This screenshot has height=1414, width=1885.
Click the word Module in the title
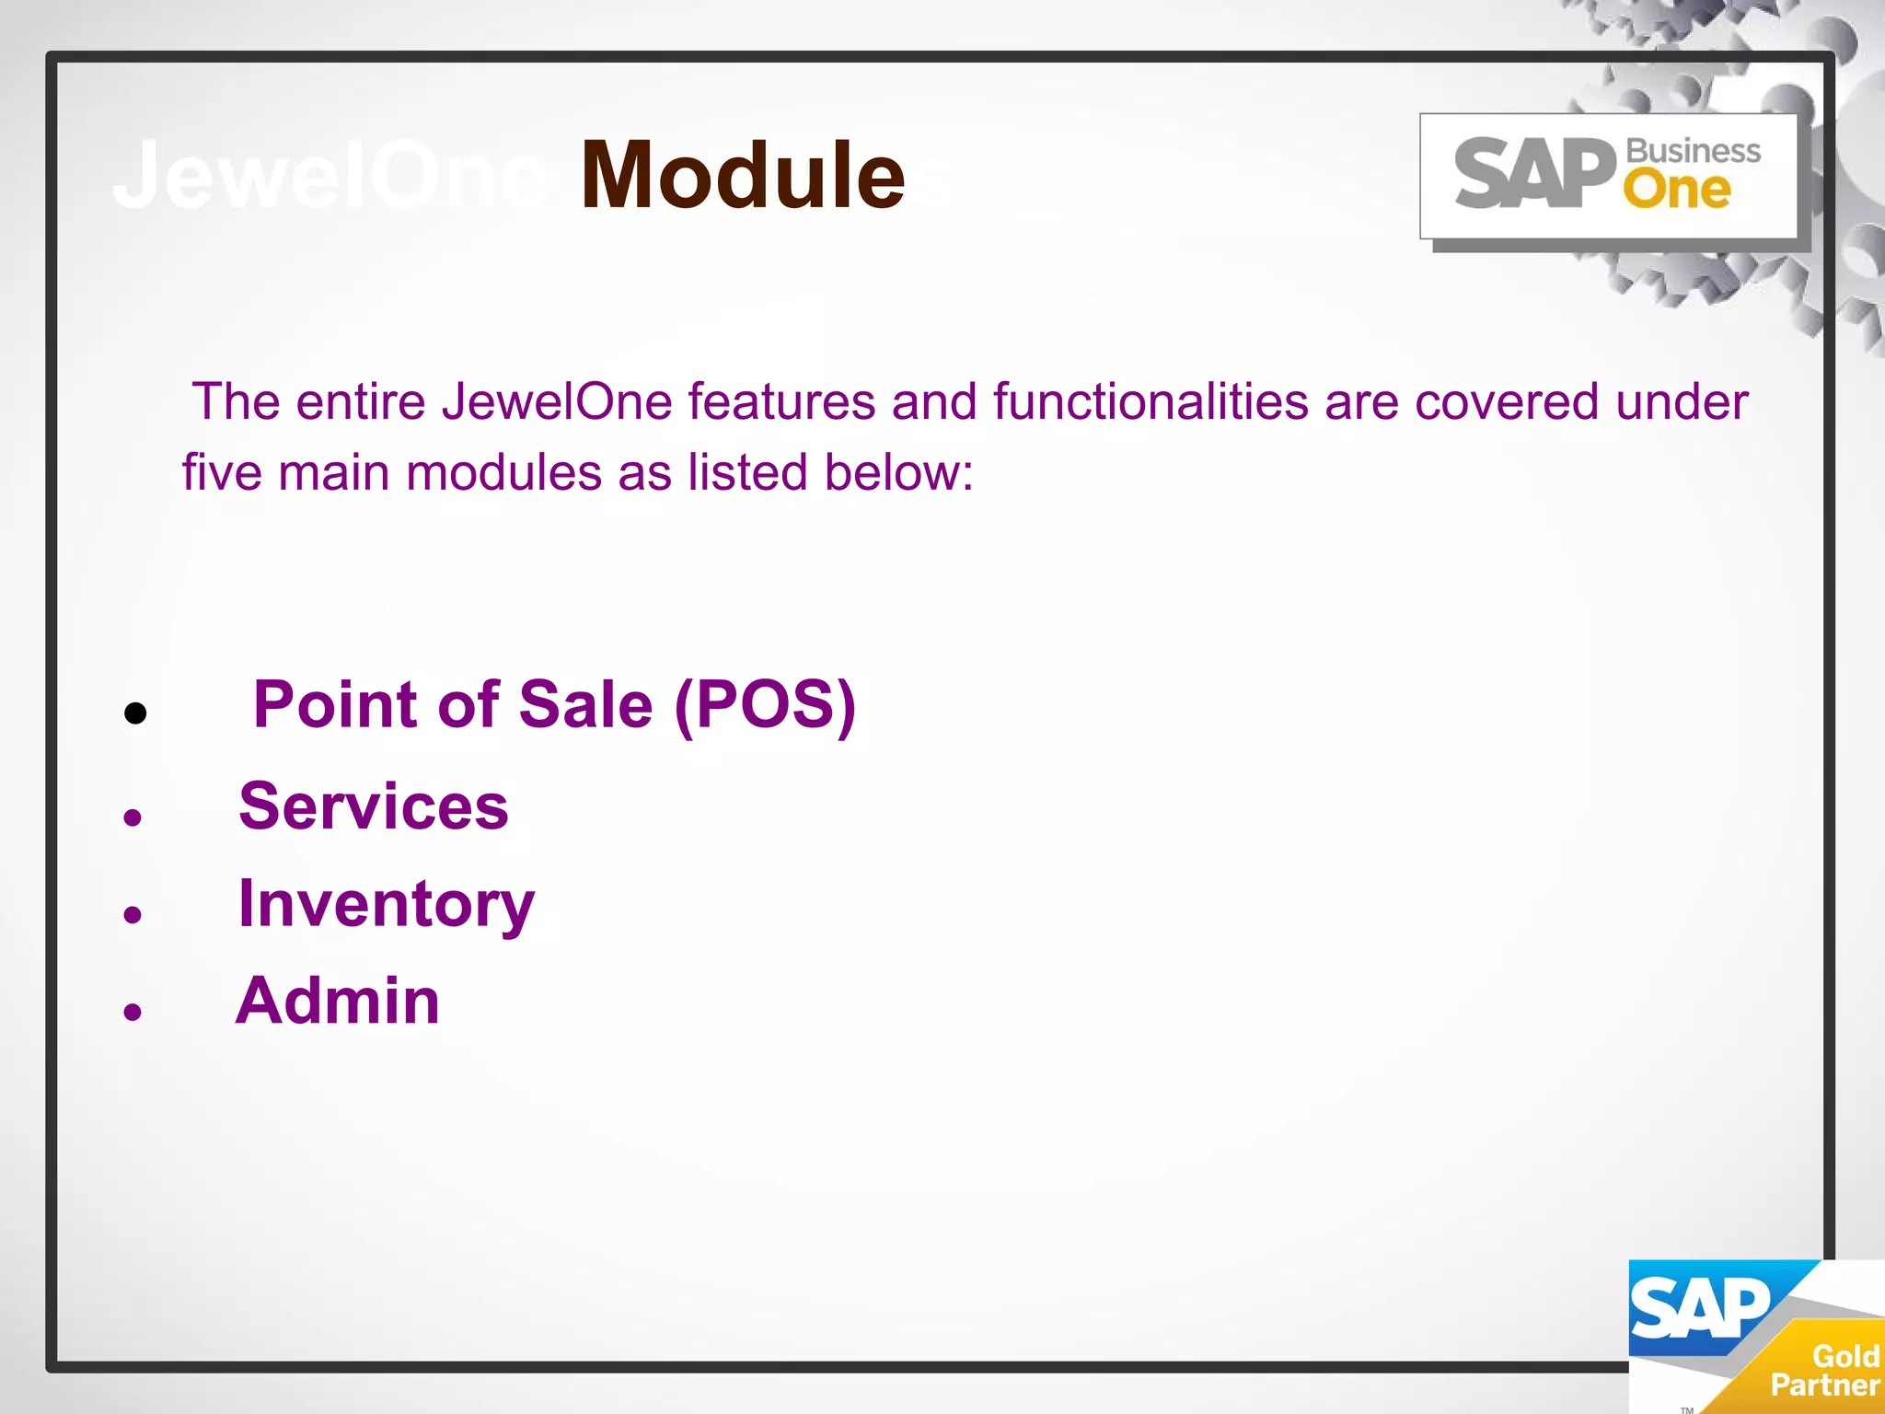pyautogui.click(x=742, y=175)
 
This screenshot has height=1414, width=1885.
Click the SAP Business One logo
pyautogui.click(x=1608, y=175)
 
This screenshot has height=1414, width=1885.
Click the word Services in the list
pyautogui.click(x=373, y=806)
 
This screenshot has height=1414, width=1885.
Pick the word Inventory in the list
pyautogui.click(x=386, y=904)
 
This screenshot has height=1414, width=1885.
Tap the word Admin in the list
pyautogui.click(x=338, y=1001)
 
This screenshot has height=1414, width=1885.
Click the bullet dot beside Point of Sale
pyautogui.click(x=135, y=713)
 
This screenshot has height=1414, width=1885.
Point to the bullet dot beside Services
pyautogui.click(x=133, y=817)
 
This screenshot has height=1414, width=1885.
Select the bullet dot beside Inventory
pyautogui.click(x=133, y=914)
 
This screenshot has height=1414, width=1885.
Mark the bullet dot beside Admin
pyautogui.click(x=133, y=1012)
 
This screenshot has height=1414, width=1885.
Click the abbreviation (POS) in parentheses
pyautogui.click(x=765, y=705)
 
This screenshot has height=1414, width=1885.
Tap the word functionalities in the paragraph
pyautogui.click(x=1151, y=402)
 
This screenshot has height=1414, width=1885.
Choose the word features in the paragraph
pyautogui.click(x=781, y=402)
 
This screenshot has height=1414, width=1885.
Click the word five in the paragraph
pyautogui.click(x=222, y=472)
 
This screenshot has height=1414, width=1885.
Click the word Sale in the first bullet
pyautogui.click(x=585, y=705)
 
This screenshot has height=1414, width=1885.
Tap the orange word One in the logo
pyautogui.click(x=1676, y=190)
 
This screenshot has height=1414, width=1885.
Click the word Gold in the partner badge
pyautogui.click(x=1845, y=1356)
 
